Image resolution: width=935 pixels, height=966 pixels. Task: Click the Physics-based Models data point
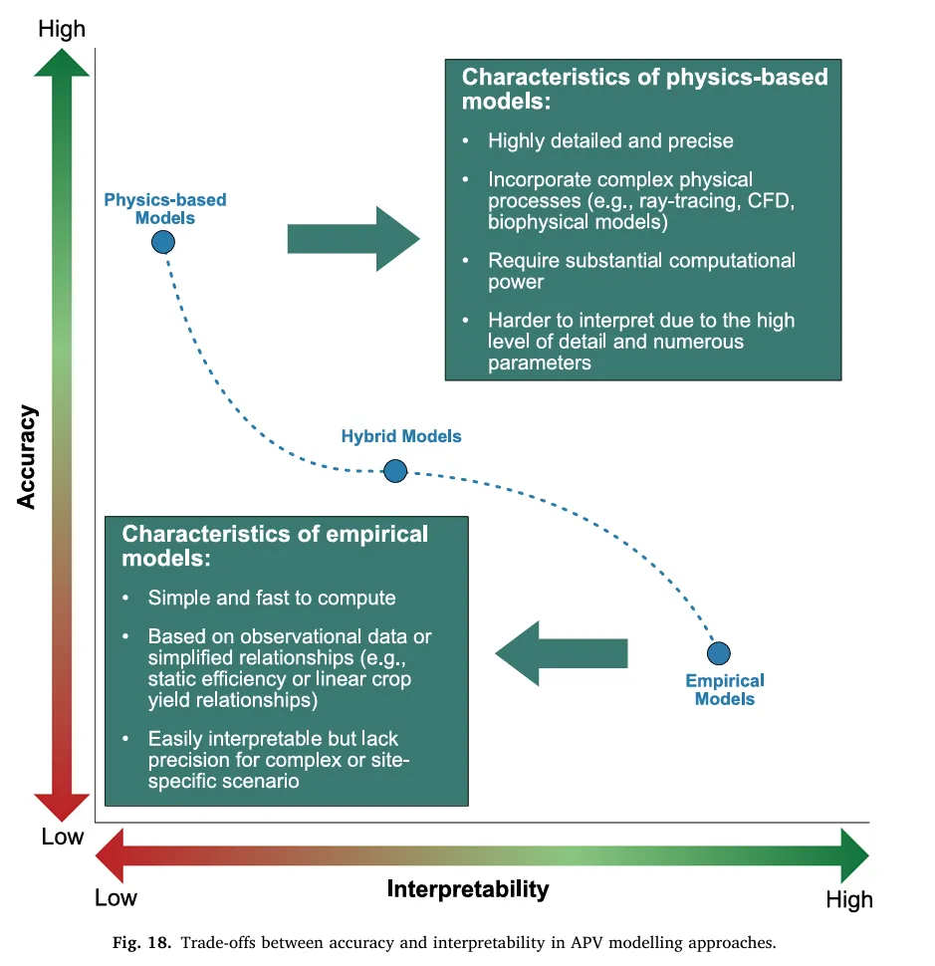click(x=163, y=242)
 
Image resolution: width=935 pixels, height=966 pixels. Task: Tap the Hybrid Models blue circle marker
click(x=395, y=470)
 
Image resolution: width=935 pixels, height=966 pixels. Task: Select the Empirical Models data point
click(x=719, y=653)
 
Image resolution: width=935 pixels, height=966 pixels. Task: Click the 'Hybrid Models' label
click(x=401, y=436)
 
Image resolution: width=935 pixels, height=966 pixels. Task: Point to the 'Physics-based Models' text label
click(x=165, y=209)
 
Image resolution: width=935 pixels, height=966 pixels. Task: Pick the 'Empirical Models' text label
click(x=725, y=689)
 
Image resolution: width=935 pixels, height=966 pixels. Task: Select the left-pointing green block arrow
click(x=562, y=653)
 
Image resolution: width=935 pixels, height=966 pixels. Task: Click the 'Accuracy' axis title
click(x=27, y=457)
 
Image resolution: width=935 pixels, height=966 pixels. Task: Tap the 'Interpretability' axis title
click(x=468, y=888)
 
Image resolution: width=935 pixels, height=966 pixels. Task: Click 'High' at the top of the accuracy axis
click(x=62, y=29)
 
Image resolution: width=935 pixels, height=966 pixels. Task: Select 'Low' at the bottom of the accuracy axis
click(x=62, y=837)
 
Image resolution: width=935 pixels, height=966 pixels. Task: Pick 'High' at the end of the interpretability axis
click(x=848, y=899)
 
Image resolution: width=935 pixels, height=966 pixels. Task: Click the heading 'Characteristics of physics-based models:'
click(x=644, y=89)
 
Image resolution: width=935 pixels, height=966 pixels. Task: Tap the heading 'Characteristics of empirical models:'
click(x=274, y=545)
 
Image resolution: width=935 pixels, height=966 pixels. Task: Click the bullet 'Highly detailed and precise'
click(x=609, y=140)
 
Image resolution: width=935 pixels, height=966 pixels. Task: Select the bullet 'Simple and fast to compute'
click(x=271, y=598)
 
